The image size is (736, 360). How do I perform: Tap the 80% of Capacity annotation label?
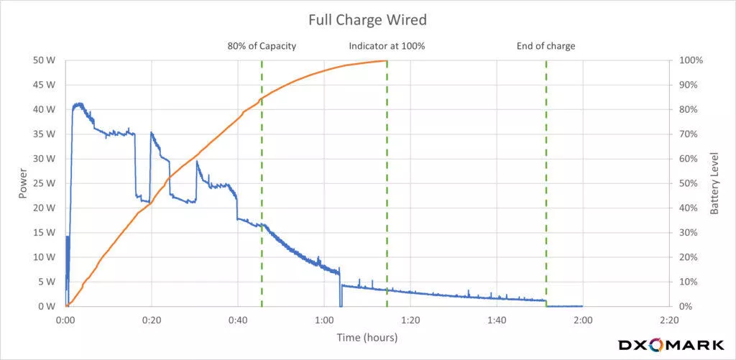[261, 47]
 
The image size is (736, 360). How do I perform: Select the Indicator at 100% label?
[387, 47]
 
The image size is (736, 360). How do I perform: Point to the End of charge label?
[546, 47]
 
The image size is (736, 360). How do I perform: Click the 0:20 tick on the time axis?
[152, 320]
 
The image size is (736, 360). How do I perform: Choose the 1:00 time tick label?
[324, 320]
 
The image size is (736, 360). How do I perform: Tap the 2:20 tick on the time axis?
[668, 320]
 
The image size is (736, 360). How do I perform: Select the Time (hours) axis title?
[367, 336]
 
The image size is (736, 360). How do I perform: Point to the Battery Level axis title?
[714, 183]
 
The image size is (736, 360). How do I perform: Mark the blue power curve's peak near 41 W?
[78, 104]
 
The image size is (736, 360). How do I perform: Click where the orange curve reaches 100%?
[387, 61]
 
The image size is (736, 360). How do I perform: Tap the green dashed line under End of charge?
[546, 180]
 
